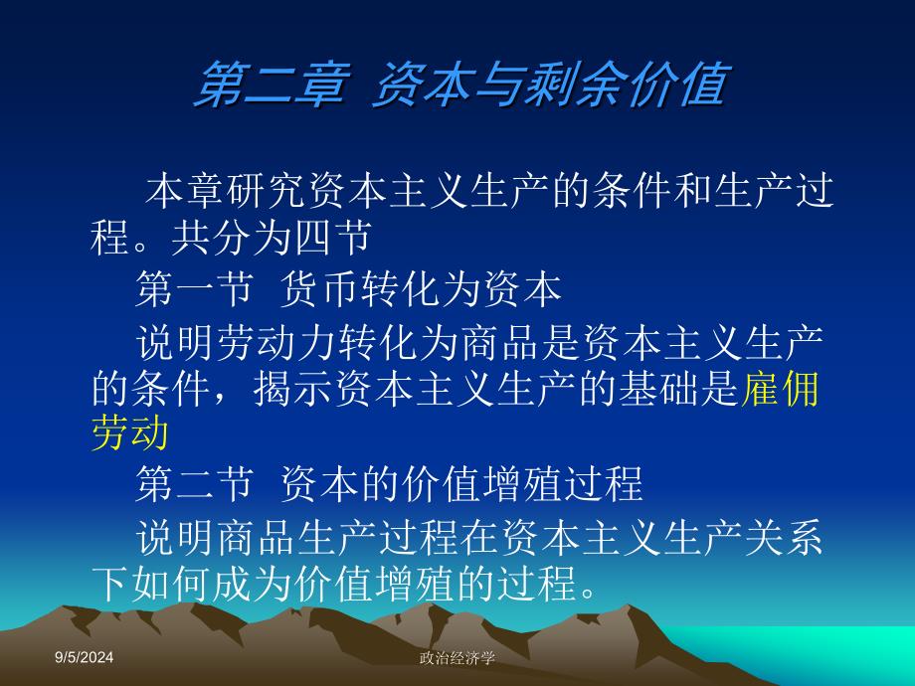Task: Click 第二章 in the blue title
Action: (x=274, y=86)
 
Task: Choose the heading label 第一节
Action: (x=195, y=288)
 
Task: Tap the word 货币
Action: (x=319, y=288)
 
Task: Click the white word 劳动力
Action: (x=277, y=342)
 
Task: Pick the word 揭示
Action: (x=293, y=389)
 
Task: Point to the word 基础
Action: (x=658, y=389)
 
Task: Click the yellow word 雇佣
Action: (x=780, y=389)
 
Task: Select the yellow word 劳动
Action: (x=130, y=432)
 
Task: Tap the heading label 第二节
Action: (x=195, y=483)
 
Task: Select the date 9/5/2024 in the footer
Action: (x=84, y=657)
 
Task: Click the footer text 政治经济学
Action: (x=457, y=658)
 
